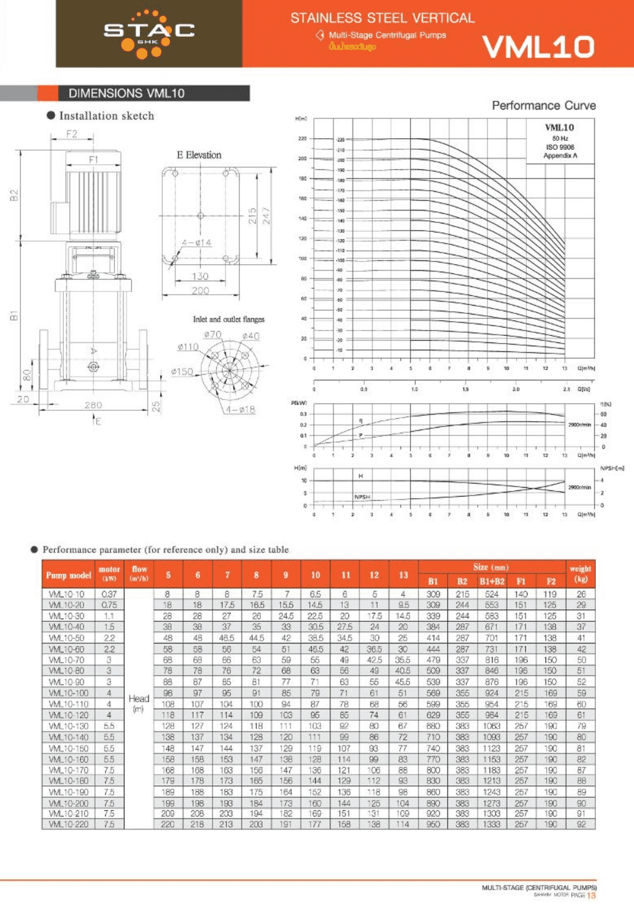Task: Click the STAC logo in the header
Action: tap(149, 32)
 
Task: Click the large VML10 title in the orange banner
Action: tap(538, 47)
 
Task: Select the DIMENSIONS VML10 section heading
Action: tap(127, 93)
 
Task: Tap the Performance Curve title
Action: tap(544, 105)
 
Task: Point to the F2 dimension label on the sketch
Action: tap(72, 134)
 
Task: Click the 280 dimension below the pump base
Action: tap(93, 405)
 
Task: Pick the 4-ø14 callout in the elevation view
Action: tap(196, 243)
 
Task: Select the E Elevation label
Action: tap(199, 155)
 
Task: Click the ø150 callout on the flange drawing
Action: tap(182, 371)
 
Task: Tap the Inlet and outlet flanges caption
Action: tap(229, 319)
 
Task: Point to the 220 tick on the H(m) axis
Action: tap(302, 138)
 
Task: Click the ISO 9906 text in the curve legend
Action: tap(560, 147)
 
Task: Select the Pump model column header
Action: tap(68, 574)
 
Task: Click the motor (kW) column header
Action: tap(109, 574)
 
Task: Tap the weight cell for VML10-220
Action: tap(581, 824)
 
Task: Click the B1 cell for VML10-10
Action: tap(433, 594)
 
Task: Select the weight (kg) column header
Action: tap(580, 574)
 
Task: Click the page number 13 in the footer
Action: tap(591, 895)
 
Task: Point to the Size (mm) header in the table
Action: tap(491, 567)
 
